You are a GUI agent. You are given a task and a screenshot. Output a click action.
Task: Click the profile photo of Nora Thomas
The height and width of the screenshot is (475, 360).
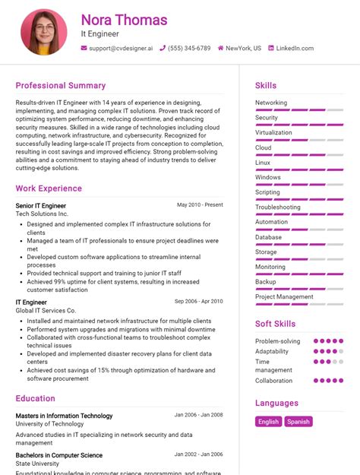(x=44, y=32)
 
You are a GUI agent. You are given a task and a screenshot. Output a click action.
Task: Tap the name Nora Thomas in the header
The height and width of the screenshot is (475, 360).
(x=124, y=20)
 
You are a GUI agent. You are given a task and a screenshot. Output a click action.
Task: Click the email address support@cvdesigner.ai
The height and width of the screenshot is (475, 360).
(x=121, y=48)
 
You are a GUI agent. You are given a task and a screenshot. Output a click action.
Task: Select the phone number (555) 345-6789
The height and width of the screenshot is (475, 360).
(x=190, y=48)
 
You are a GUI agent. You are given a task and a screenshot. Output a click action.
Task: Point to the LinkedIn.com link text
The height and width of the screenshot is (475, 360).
(x=295, y=48)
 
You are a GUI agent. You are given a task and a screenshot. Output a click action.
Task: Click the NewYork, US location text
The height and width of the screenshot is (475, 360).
(x=243, y=48)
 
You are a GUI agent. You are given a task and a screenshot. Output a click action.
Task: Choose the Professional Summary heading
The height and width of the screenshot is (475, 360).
(x=61, y=86)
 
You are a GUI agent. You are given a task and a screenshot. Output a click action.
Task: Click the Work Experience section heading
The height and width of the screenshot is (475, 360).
(x=49, y=188)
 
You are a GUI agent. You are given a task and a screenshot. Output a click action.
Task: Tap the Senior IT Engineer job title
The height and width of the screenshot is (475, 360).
(x=40, y=206)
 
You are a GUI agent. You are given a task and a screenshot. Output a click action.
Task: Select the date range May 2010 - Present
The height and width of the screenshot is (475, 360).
(x=200, y=205)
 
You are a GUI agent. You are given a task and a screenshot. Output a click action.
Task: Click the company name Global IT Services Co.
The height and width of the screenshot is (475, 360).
(x=46, y=311)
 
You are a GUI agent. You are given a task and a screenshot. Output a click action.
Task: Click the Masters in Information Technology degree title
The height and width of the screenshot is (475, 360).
(x=64, y=416)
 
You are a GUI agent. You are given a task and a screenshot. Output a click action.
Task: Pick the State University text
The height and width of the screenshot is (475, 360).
(x=37, y=464)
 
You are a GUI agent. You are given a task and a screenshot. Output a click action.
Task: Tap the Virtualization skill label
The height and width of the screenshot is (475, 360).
(x=273, y=132)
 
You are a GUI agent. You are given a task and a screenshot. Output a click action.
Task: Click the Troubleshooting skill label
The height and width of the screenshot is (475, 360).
(x=278, y=207)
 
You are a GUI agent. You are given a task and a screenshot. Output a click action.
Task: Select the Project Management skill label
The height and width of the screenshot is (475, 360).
(x=284, y=296)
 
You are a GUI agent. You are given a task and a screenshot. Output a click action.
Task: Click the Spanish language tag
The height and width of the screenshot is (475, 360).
(x=298, y=422)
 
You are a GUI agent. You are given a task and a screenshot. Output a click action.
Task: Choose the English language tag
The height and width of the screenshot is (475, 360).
(x=268, y=422)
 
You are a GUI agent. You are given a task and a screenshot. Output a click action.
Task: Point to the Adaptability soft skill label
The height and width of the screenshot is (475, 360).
(x=272, y=352)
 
